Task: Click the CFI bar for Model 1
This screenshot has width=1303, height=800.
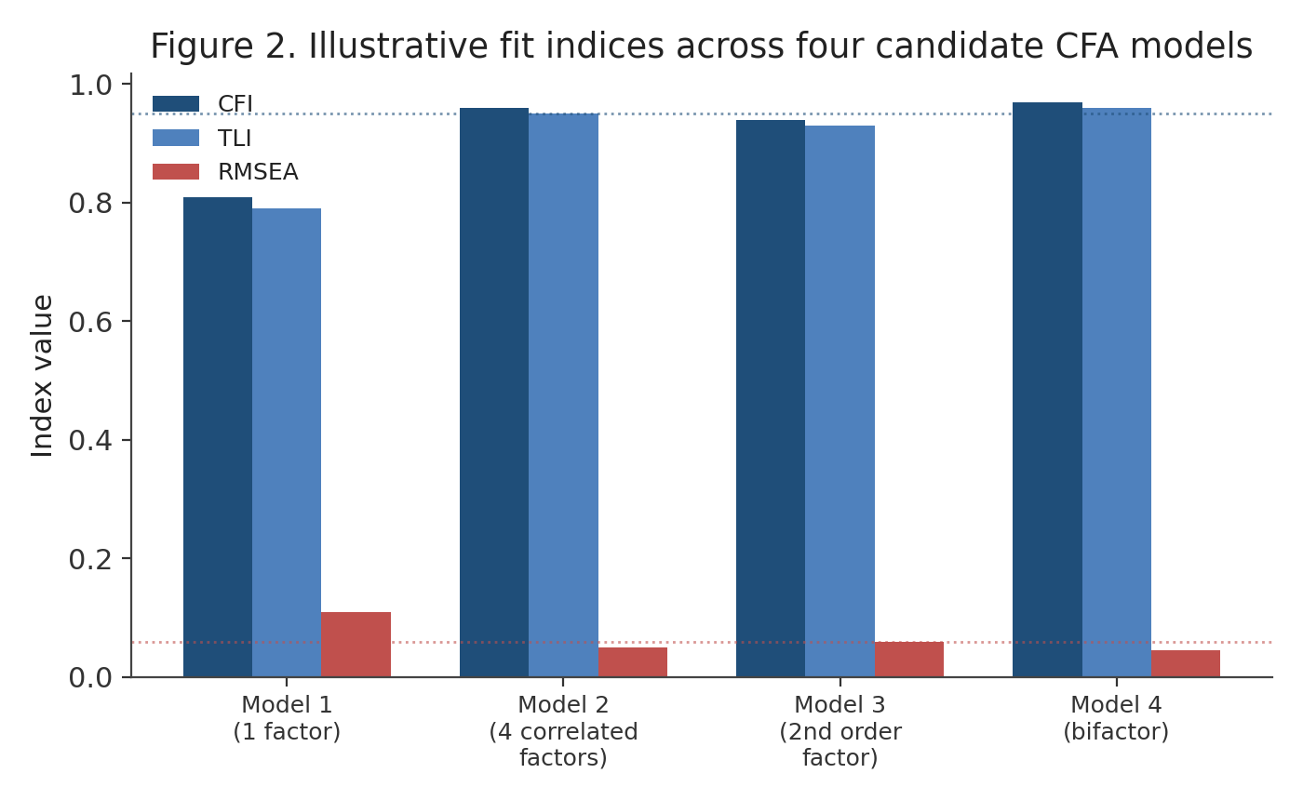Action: point(218,437)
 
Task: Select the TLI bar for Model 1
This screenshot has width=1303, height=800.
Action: point(287,443)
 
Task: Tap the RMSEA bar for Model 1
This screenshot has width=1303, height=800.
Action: point(356,645)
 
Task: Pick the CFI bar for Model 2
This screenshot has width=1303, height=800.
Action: point(494,393)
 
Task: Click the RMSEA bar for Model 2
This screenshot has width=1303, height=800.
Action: point(633,662)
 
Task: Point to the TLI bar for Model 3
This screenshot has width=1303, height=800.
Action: point(840,401)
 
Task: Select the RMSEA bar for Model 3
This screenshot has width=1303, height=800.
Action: point(909,660)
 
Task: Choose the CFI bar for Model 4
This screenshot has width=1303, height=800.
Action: point(1048,390)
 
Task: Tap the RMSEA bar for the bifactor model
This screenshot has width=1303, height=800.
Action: point(1186,664)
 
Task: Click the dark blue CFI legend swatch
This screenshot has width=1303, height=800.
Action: point(176,104)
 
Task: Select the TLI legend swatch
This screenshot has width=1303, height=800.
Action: point(176,138)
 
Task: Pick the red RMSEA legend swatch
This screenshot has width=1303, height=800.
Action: point(176,171)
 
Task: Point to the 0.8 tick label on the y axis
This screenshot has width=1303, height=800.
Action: point(90,204)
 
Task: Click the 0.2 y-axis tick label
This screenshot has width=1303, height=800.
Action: point(90,559)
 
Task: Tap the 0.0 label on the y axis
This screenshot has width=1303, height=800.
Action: point(90,678)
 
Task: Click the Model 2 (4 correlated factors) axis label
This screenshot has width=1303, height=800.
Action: point(563,731)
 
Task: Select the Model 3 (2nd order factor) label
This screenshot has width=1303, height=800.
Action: point(840,731)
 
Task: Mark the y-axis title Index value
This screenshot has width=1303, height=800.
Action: point(42,376)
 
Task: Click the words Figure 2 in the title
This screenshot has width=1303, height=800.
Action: point(223,46)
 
